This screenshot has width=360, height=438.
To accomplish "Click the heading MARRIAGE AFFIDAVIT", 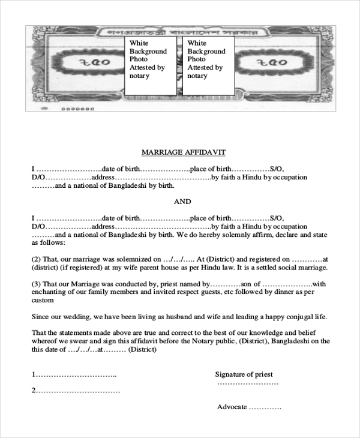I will coord(183,152).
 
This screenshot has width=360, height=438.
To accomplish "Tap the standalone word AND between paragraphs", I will coord(182,202).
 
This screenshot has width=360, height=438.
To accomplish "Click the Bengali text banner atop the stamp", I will coord(181,31).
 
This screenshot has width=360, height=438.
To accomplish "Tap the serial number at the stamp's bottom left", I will coord(78,109).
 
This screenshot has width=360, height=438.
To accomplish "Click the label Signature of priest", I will coord(244,374).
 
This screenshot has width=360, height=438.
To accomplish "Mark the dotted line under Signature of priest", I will coord(248,383).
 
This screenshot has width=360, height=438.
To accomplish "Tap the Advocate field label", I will coord(232,407).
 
